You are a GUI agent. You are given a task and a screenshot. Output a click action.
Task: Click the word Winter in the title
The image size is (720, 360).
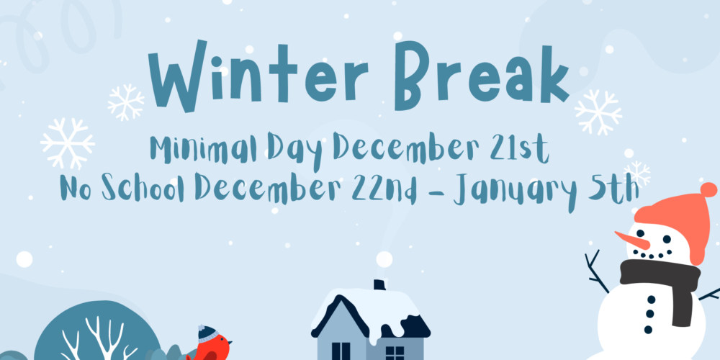[258, 76]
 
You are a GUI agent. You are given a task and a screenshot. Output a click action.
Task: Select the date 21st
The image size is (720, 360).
[519, 148]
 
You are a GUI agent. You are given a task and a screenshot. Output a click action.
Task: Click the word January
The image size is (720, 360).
[514, 192]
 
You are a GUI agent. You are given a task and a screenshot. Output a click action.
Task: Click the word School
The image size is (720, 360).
[143, 188]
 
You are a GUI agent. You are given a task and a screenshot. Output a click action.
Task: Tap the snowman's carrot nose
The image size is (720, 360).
[632, 240]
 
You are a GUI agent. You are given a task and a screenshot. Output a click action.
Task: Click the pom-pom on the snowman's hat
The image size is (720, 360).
[708, 189]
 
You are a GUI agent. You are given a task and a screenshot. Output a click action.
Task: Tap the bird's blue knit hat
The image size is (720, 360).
[207, 333]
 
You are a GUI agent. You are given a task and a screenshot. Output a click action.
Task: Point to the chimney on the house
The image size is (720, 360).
[379, 284]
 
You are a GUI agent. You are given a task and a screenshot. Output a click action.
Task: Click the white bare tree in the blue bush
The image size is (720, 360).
[99, 340]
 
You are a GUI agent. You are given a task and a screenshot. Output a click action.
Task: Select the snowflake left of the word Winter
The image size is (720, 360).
[125, 102]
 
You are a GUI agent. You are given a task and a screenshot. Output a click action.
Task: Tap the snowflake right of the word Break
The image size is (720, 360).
[598, 112]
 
